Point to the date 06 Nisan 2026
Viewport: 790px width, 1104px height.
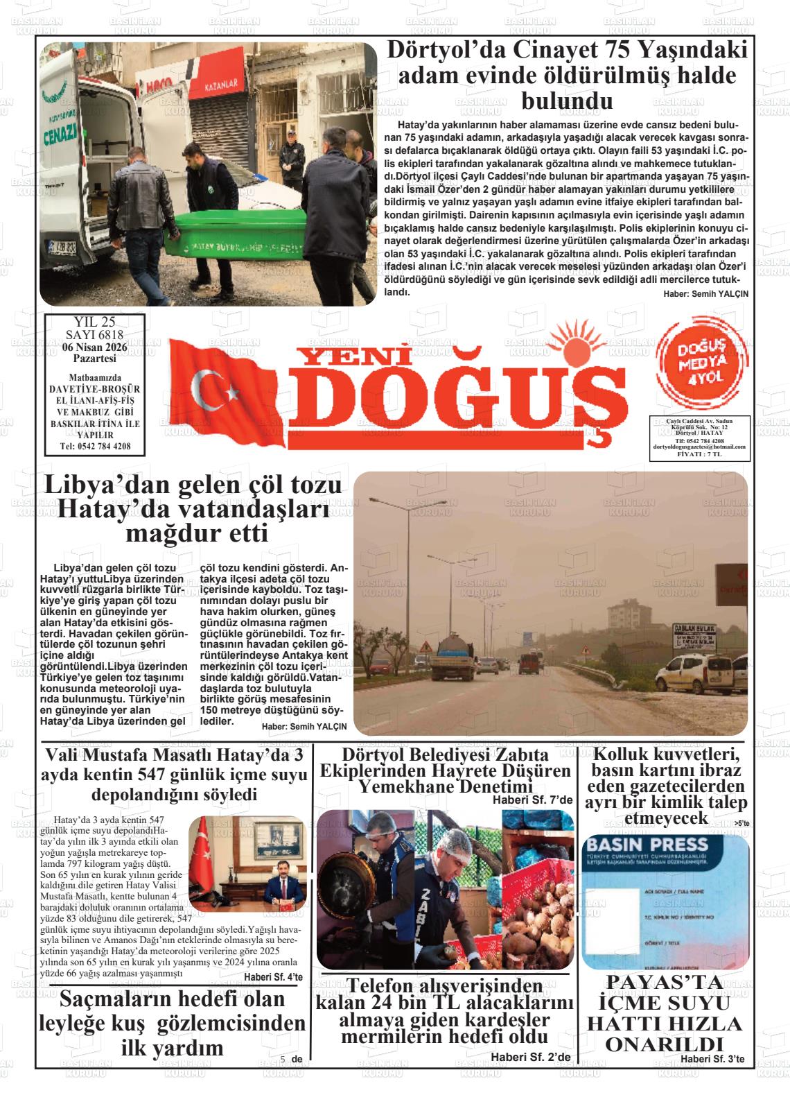coord(95,347)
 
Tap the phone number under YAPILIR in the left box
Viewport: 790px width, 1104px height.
coord(95,446)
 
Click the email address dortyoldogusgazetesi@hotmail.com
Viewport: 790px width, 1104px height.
coord(699,447)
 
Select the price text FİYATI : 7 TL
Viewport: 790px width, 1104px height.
coord(699,454)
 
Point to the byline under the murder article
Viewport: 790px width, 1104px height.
coord(705,293)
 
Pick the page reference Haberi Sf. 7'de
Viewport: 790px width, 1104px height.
coord(532,800)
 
